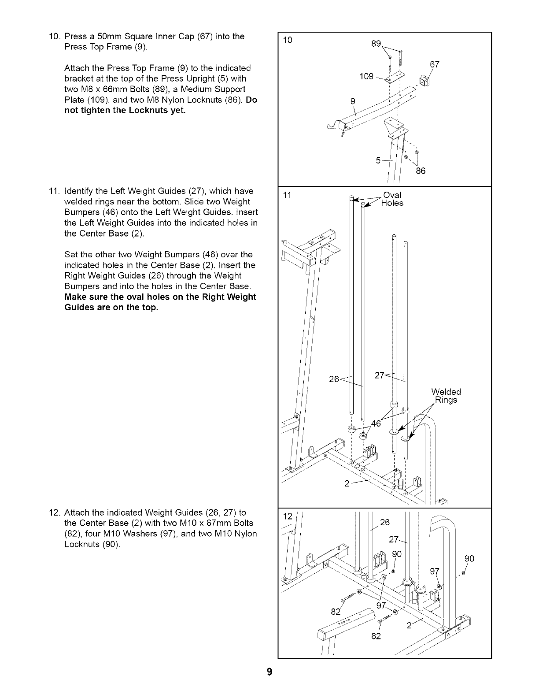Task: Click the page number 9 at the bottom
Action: point(269,672)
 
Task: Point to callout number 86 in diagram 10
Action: point(421,171)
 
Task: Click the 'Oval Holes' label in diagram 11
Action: point(392,199)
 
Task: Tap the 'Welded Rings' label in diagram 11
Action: point(446,396)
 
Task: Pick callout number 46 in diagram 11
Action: point(376,424)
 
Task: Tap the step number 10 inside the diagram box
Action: point(288,41)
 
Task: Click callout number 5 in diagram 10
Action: point(378,160)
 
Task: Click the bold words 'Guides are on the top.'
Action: point(111,308)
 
